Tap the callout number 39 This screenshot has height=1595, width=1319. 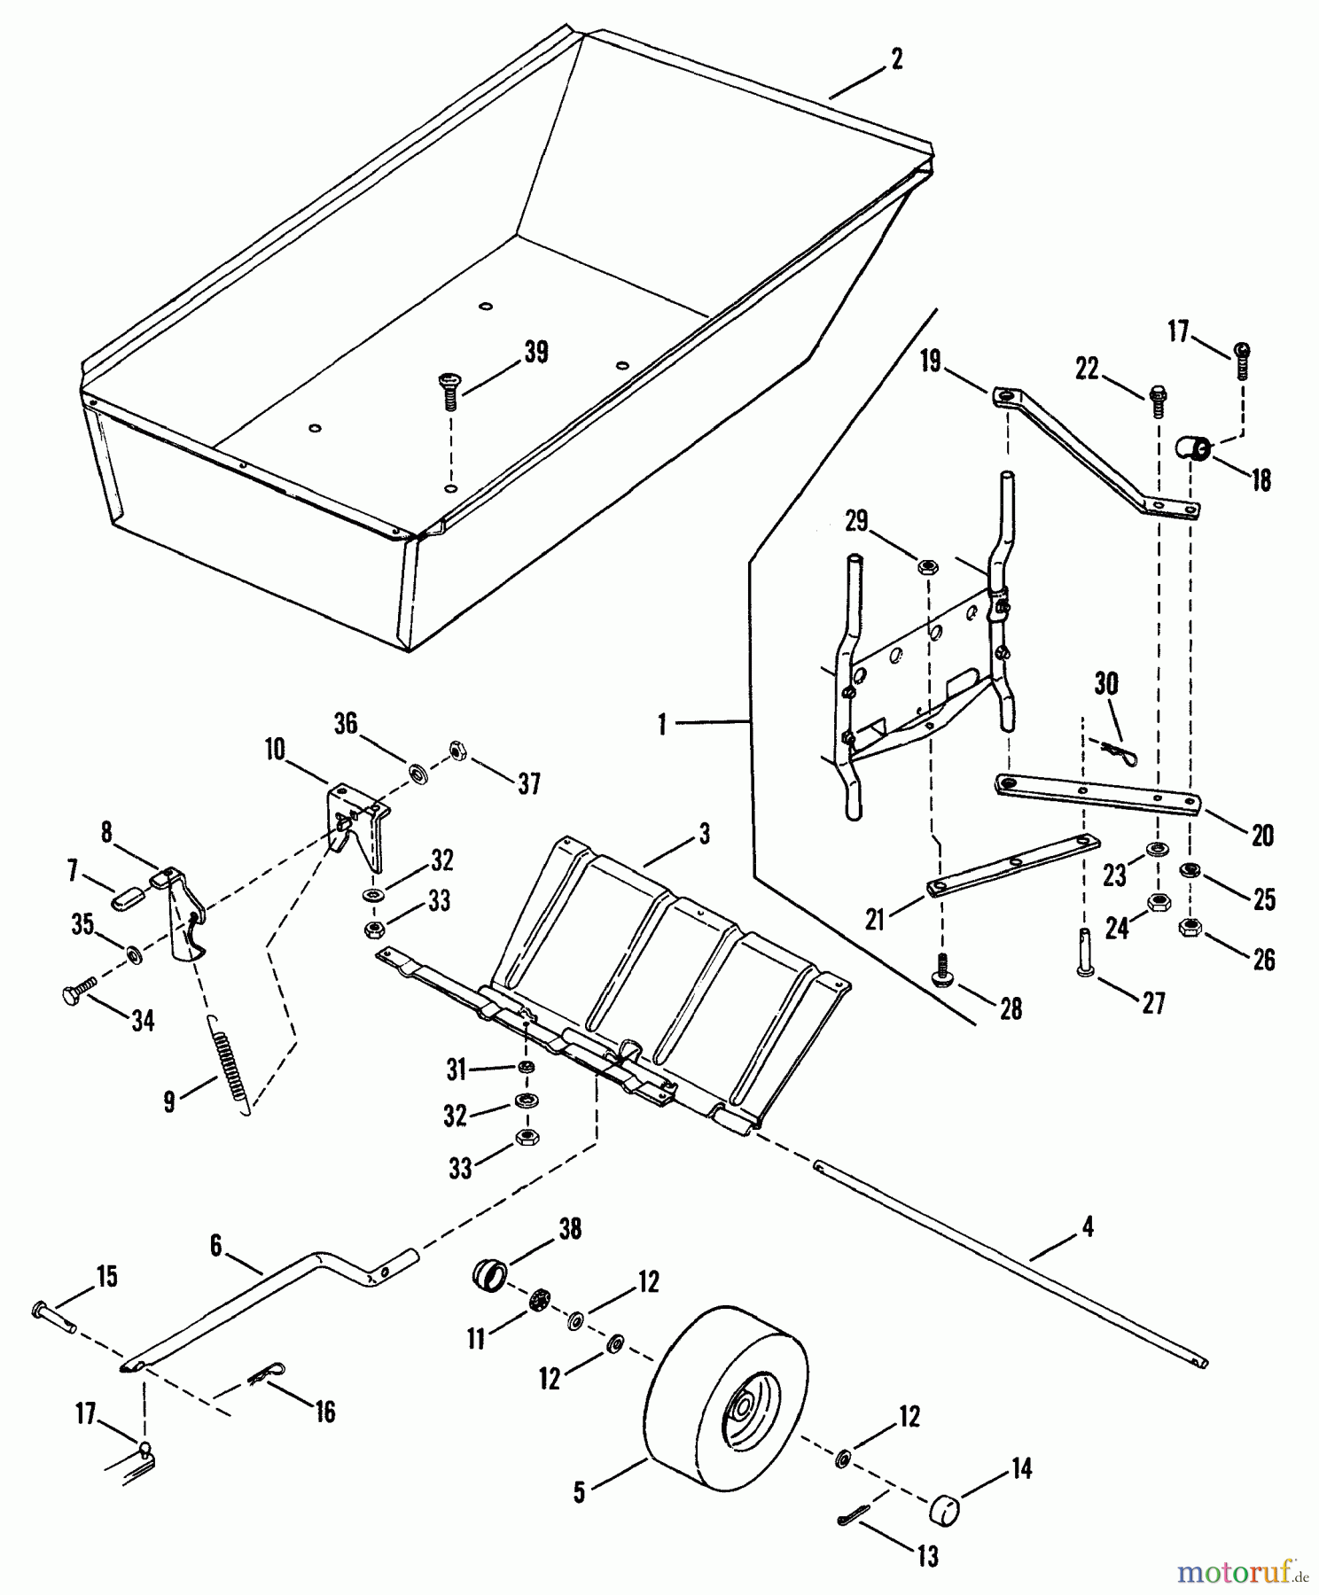(x=535, y=352)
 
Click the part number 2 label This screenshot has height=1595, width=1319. (x=896, y=59)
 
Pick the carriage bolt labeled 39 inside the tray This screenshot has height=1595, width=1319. (x=448, y=389)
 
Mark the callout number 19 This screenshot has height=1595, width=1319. (x=931, y=362)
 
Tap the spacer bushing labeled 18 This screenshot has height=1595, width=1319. (x=1194, y=447)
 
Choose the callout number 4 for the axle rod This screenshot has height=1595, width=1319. (x=1087, y=1227)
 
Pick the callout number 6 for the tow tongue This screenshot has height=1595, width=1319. (x=215, y=1245)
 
